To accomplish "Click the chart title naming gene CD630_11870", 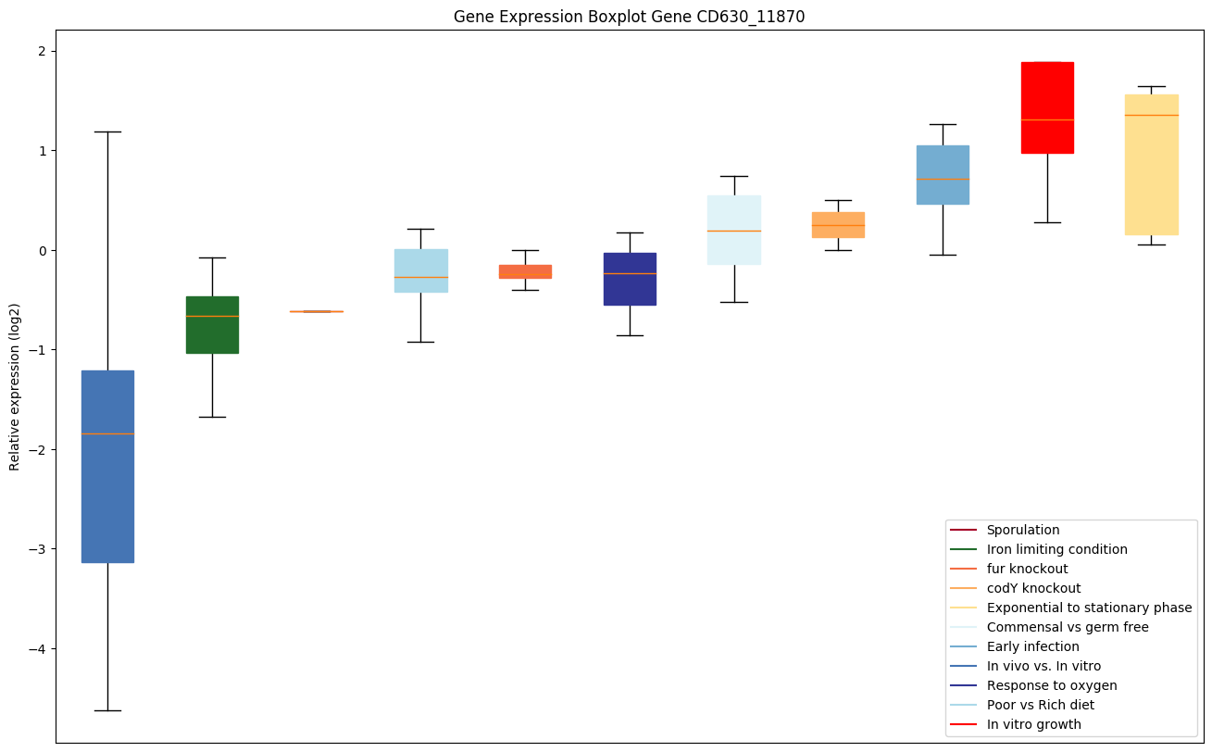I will (x=622, y=17).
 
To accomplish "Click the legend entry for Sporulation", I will (x=1022, y=530).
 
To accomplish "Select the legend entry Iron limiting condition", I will (x=1056, y=549).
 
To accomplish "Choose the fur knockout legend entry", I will (x=1027, y=569).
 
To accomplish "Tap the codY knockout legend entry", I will (x=1033, y=588).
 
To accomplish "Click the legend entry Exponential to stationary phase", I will (x=1089, y=608).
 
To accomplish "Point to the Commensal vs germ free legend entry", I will (x=1067, y=627).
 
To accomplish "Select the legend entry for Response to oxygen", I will (x=1051, y=685).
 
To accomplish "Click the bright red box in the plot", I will (x=1047, y=107).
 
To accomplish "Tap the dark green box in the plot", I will (x=212, y=324).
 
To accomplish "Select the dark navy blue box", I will (x=630, y=279).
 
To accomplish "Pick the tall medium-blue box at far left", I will (x=107, y=467).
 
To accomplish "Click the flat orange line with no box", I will (x=317, y=311).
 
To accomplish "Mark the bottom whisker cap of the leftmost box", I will (x=107, y=710).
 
